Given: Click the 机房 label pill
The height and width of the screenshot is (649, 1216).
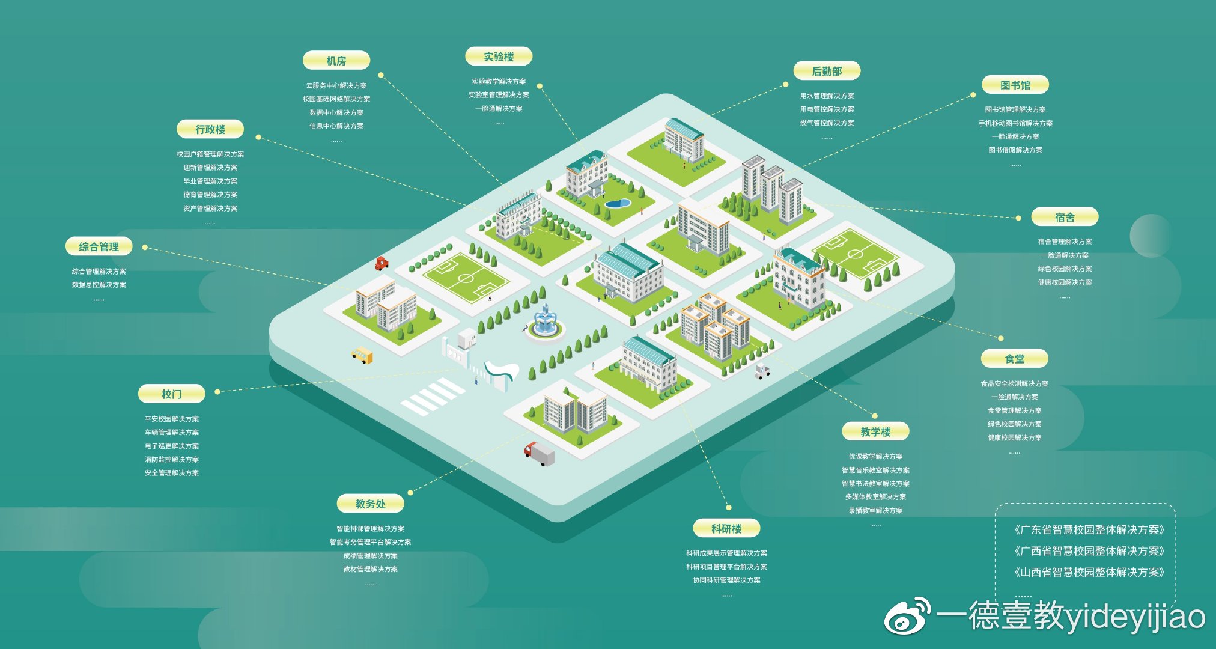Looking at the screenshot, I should pos(336,61).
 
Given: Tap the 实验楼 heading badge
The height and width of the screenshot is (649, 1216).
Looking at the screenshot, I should pos(499,56).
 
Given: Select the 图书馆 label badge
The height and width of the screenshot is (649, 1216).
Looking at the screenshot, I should pos(1015,85).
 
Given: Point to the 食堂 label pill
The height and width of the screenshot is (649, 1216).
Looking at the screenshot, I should pos(1015,359).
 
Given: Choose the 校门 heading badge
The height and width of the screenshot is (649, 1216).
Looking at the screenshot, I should pos(171,394).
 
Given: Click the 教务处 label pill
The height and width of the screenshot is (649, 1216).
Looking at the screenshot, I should pos(370,504).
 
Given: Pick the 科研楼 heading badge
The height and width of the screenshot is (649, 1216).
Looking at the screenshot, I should pos(726,528).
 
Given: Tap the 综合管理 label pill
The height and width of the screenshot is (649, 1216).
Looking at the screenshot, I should pos(99,246).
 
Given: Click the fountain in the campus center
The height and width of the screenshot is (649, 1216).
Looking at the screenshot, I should pos(545,322).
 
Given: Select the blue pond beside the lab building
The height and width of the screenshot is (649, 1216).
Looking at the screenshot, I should pos(617,204).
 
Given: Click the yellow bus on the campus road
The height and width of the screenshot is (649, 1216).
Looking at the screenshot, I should pos(362,355).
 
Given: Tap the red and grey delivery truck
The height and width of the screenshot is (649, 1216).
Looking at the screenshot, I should pos(539,454).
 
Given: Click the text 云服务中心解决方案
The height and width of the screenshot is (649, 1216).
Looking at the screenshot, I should pos(336,85).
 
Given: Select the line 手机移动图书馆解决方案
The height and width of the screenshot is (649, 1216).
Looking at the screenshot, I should pos(1015,123).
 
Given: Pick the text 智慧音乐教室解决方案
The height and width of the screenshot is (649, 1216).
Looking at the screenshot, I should pos(875,470).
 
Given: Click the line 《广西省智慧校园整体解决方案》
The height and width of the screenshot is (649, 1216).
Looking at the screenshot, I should pos(1089,551).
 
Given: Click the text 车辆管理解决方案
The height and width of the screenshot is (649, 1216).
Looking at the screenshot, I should pos(172,432).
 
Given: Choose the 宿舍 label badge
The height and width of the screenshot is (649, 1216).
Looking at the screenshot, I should pos(1065,217).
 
